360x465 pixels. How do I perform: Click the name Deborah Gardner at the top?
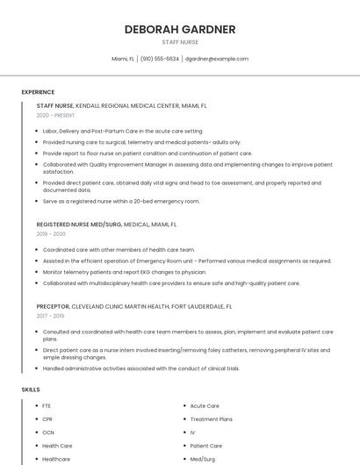[180, 29]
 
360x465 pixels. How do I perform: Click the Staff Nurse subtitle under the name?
[180, 42]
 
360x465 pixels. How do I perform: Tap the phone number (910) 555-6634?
[160, 59]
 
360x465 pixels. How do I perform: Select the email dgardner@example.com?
[217, 59]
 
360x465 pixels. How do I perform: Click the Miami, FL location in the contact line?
[123, 59]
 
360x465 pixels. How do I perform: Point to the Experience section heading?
[38, 92]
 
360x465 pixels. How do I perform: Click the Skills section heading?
[31, 389]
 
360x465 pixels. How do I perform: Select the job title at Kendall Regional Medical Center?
[55, 105]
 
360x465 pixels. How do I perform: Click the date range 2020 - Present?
[55, 115]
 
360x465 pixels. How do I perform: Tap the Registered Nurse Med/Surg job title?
[79, 225]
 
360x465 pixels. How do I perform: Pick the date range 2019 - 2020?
[51, 234]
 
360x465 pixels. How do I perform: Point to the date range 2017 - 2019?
[51, 316]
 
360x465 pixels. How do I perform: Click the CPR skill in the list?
[47, 419]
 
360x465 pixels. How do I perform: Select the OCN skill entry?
[48, 433]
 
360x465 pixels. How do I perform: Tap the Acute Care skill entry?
[205, 406]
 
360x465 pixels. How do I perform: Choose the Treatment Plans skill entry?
[211, 419]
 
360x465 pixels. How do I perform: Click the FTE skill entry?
[47, 406]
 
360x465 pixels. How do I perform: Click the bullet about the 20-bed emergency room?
[121, 201]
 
